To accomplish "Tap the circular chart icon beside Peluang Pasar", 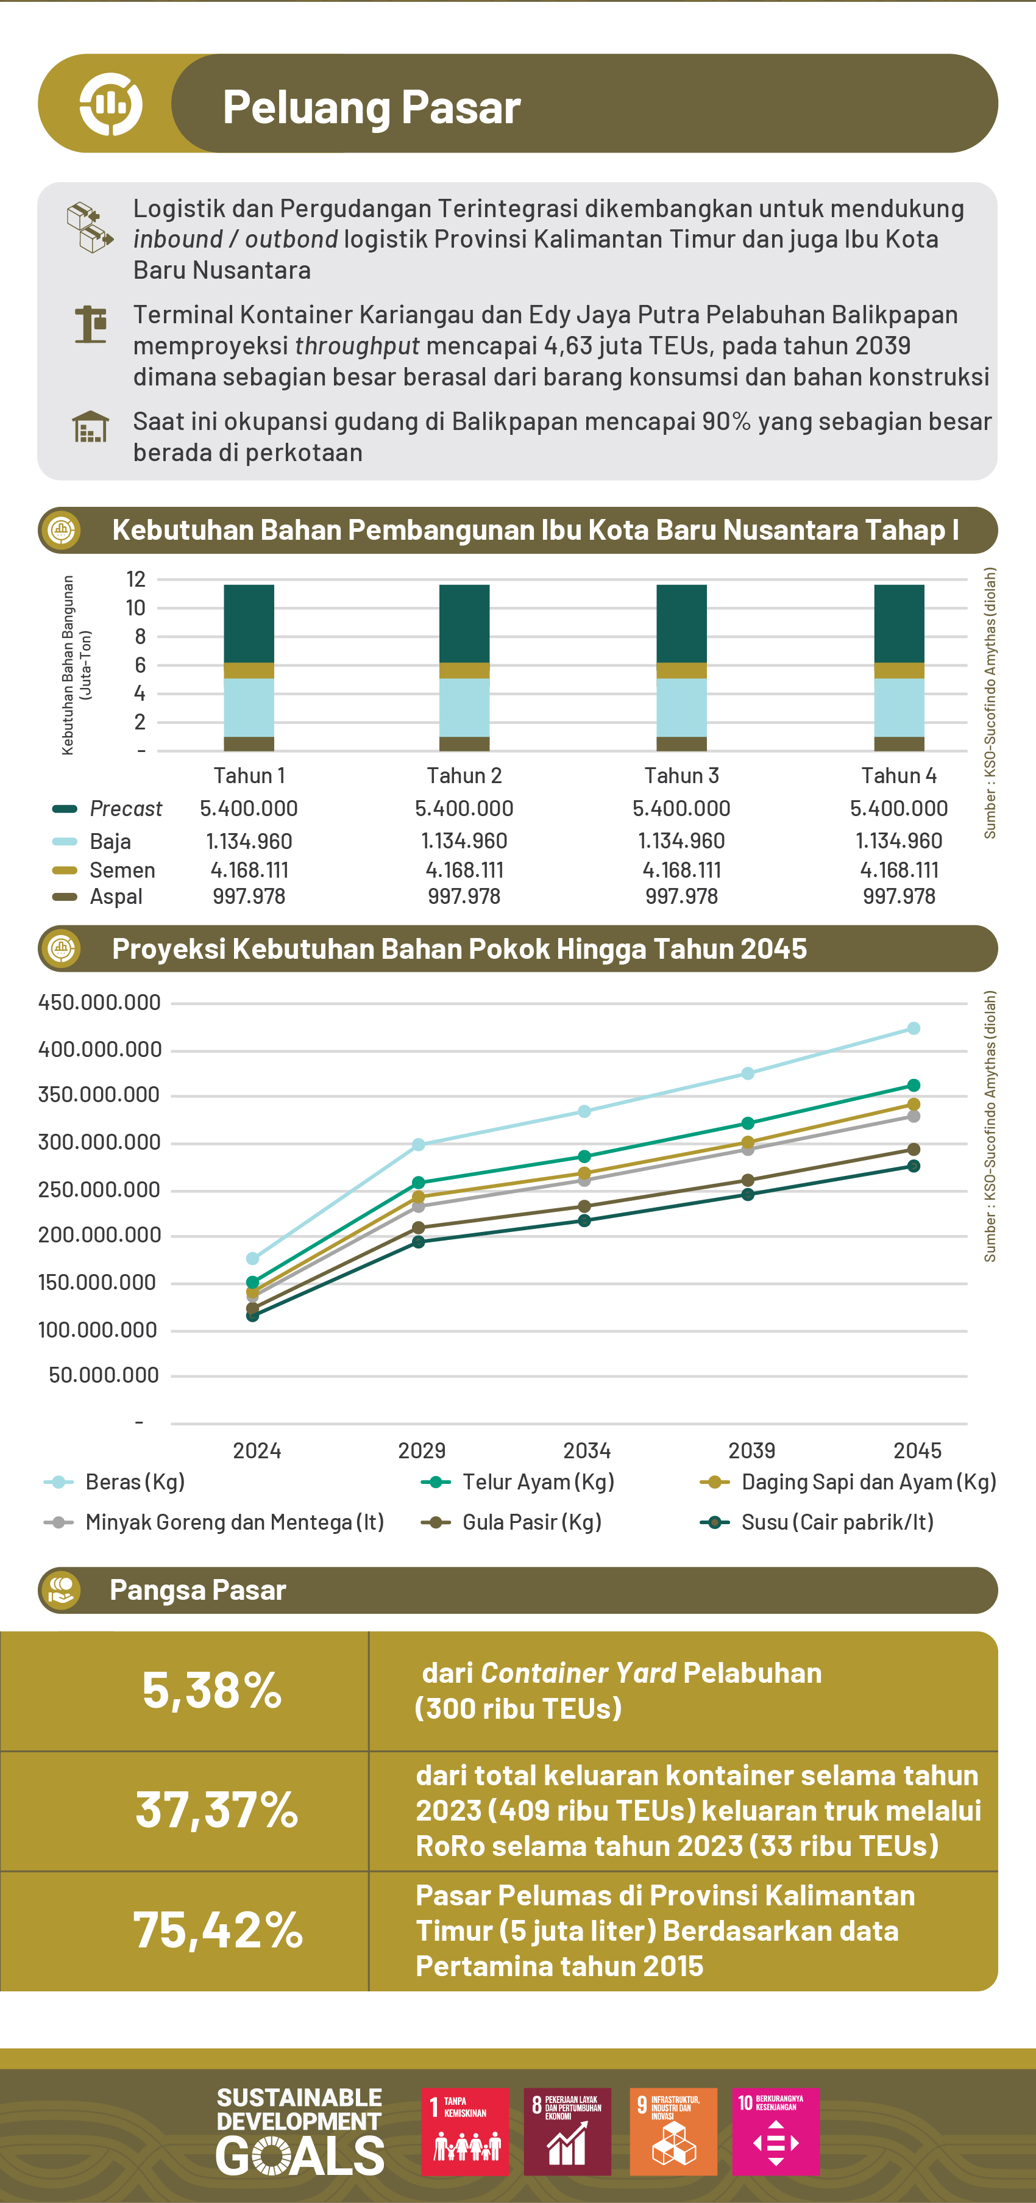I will pos(110,104).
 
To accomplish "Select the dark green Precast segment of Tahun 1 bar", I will pos(249,623).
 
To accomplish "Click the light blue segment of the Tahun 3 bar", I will pos(681,707).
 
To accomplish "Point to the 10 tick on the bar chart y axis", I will pos(135,608).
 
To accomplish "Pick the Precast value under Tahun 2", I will pos(464,808).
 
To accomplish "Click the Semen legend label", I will pos(122,870).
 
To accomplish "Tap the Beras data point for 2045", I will pos(913,1028).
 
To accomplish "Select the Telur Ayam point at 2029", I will pos(418,1183).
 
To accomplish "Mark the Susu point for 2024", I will pos(252,1316).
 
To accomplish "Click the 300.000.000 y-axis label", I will pos(99,1142).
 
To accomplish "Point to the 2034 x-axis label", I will pos(586,1450).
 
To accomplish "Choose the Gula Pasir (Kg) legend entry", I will pos(531,1522).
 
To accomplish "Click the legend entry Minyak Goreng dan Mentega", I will pos(233,1522).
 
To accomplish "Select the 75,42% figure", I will pos(218,1930).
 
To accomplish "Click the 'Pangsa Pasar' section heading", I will pos(197,1590).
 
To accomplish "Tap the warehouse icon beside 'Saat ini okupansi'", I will pos(91,427).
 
